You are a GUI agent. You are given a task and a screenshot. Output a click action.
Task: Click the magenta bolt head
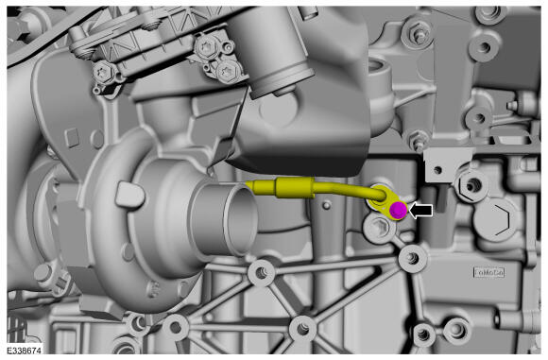(398, 210)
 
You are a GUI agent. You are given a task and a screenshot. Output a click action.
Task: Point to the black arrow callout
(421, 211)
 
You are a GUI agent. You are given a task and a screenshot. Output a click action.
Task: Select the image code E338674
(25, 351)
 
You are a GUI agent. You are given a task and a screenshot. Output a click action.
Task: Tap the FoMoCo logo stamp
(488, 273)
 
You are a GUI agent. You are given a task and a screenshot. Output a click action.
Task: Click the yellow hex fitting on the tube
(296, 187)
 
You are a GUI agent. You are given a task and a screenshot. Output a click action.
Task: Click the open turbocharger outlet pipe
(225, 219)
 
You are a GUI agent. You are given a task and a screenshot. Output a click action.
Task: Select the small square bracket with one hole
(444, 164)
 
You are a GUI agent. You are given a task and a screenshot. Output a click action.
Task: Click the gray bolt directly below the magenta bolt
(380, 229)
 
